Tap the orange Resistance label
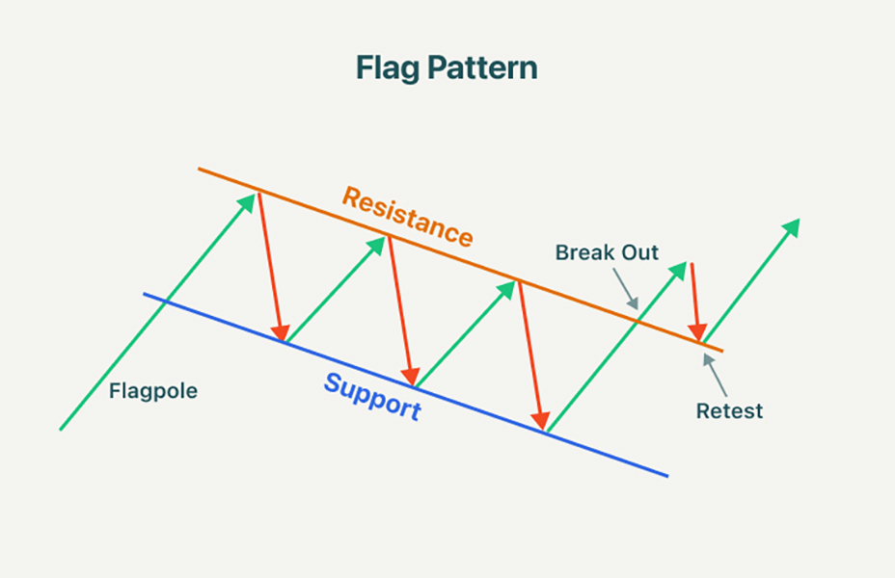[408, 216]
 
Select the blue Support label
[372, 396]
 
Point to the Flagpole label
[152, 392]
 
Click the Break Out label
[607, 253]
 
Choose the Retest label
[729, 411]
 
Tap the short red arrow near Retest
[696, 301]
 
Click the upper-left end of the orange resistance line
[200, 170]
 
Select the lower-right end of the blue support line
[666, 475]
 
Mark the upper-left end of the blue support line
[145, 294]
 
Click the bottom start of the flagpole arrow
[61, 429]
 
